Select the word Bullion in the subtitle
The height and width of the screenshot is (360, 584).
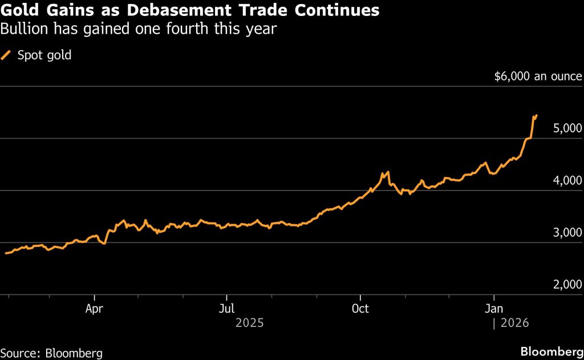click(23, 29)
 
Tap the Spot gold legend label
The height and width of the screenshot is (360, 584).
click(44, 55)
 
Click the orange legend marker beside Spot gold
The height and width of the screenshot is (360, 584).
click(6, 55)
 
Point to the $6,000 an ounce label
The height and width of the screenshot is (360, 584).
click(538, 76)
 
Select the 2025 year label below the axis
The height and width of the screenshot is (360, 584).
click(249, 323)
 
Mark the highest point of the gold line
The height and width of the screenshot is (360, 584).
click(536, 115)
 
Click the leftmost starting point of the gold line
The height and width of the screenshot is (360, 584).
click(5, 253)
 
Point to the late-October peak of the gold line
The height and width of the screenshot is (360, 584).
click(388, 172)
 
